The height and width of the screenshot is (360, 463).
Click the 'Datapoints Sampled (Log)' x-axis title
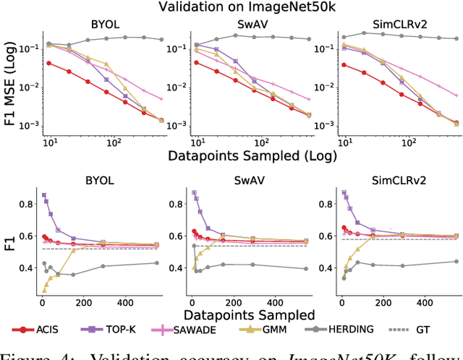pos(245,155)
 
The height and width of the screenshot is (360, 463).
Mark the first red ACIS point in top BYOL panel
pos(49,63)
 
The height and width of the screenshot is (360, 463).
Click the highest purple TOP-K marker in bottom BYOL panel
pos(43,194)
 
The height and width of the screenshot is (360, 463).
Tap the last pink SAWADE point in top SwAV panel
pos(308,99)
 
